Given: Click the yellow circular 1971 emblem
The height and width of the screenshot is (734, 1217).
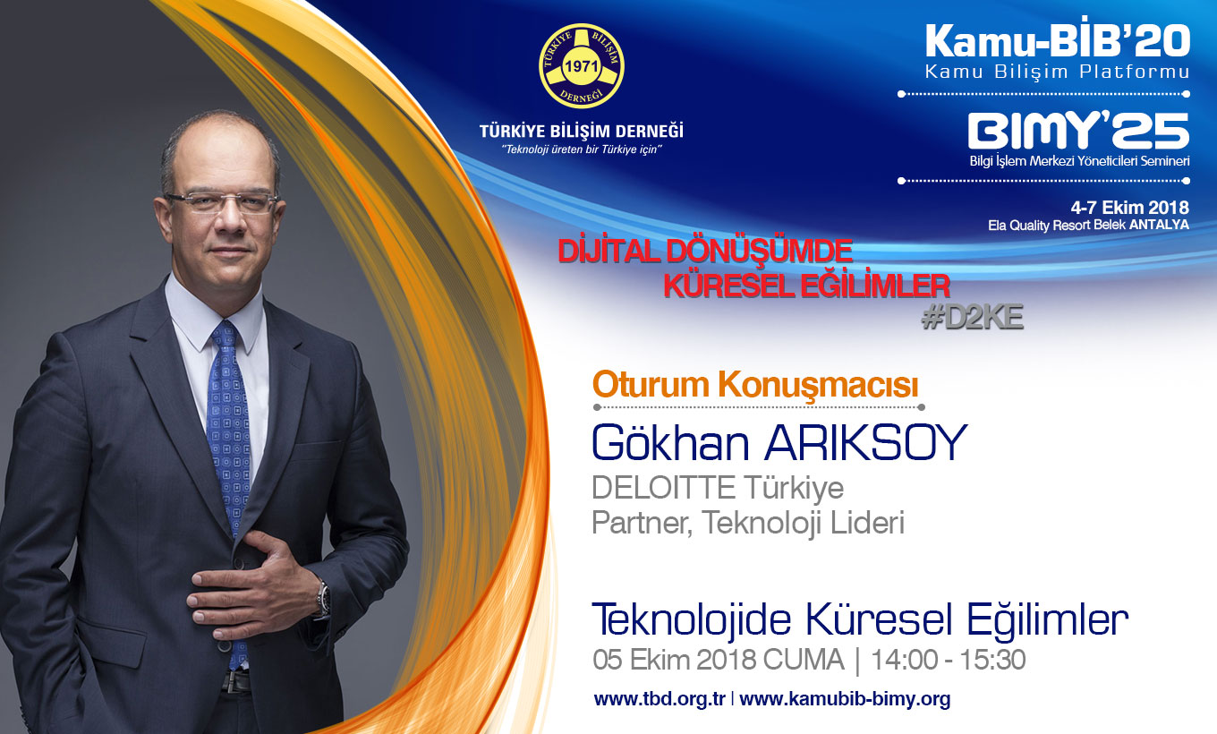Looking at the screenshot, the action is (582, 65).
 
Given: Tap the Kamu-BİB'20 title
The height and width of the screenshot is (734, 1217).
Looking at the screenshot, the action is (1058, 41).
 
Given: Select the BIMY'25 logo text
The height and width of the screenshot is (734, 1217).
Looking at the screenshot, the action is (1078, 131).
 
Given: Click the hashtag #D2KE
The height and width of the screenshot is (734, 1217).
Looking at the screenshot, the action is (972, 317).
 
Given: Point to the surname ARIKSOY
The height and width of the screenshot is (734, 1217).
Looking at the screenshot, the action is (865, 443).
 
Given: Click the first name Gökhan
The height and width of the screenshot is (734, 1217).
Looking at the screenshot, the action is (671, 443).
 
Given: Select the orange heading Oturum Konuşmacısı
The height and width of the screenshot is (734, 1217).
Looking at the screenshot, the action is (755, 385).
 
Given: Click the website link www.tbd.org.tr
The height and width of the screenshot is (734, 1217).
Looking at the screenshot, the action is (660, 699).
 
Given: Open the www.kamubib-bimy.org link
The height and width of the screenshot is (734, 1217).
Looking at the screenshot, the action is (845, 699).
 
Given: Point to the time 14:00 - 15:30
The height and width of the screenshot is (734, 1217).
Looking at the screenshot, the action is (948, 660).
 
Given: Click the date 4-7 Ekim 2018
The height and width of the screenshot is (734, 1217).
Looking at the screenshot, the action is (1129, 207).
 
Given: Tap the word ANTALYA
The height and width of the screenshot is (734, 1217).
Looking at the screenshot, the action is (1159, 225).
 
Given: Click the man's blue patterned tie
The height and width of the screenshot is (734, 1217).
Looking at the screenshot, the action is (229, 462).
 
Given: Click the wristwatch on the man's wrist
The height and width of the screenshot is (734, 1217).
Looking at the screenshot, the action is (324, 598).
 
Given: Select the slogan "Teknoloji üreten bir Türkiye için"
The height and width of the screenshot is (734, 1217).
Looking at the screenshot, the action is (582, 149).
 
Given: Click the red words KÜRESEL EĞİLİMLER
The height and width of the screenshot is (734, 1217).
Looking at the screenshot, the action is (807, 286).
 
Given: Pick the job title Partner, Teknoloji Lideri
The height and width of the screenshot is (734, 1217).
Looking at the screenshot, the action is (748, 522).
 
